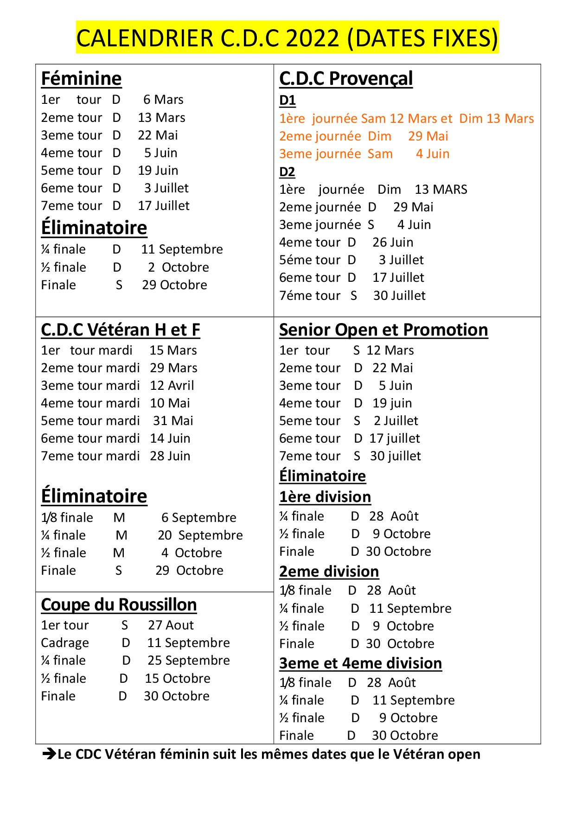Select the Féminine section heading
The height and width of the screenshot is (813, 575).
81,79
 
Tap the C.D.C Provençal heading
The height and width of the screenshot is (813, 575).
345,79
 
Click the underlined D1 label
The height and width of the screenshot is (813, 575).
287,100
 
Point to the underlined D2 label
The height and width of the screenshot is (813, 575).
287,172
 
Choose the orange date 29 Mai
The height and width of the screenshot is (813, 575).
428,136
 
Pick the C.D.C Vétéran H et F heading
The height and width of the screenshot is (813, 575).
120,330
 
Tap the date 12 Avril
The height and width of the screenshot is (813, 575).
172,386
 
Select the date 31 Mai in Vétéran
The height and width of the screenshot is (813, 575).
173,421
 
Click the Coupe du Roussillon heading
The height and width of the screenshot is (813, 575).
119,605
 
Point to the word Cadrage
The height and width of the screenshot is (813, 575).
64,643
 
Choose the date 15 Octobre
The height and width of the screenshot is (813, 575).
178,679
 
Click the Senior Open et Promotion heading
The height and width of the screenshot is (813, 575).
383,330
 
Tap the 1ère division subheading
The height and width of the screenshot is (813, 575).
325,497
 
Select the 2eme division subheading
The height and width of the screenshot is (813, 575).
329,572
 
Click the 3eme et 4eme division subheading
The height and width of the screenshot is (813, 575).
360,663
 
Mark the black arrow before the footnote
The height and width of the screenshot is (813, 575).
49,754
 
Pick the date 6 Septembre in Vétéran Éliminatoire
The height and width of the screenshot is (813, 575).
198,518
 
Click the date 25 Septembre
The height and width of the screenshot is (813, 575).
188,661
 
